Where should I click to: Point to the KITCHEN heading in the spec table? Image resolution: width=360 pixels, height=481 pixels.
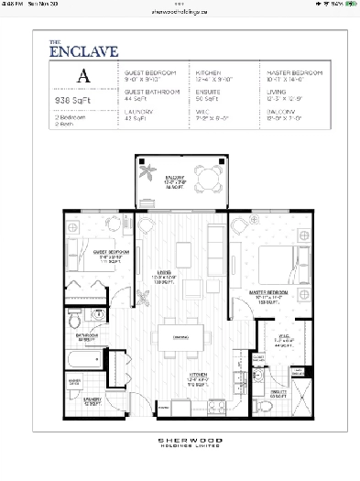coord(208,71)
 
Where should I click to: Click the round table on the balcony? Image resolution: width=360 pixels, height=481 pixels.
coord(210,176)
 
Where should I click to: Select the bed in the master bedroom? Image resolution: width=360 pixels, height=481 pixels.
coord(275,262)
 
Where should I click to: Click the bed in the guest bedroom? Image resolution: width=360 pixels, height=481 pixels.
coord(87,257)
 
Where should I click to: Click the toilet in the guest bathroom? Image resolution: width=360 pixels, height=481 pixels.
coord(74,322)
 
